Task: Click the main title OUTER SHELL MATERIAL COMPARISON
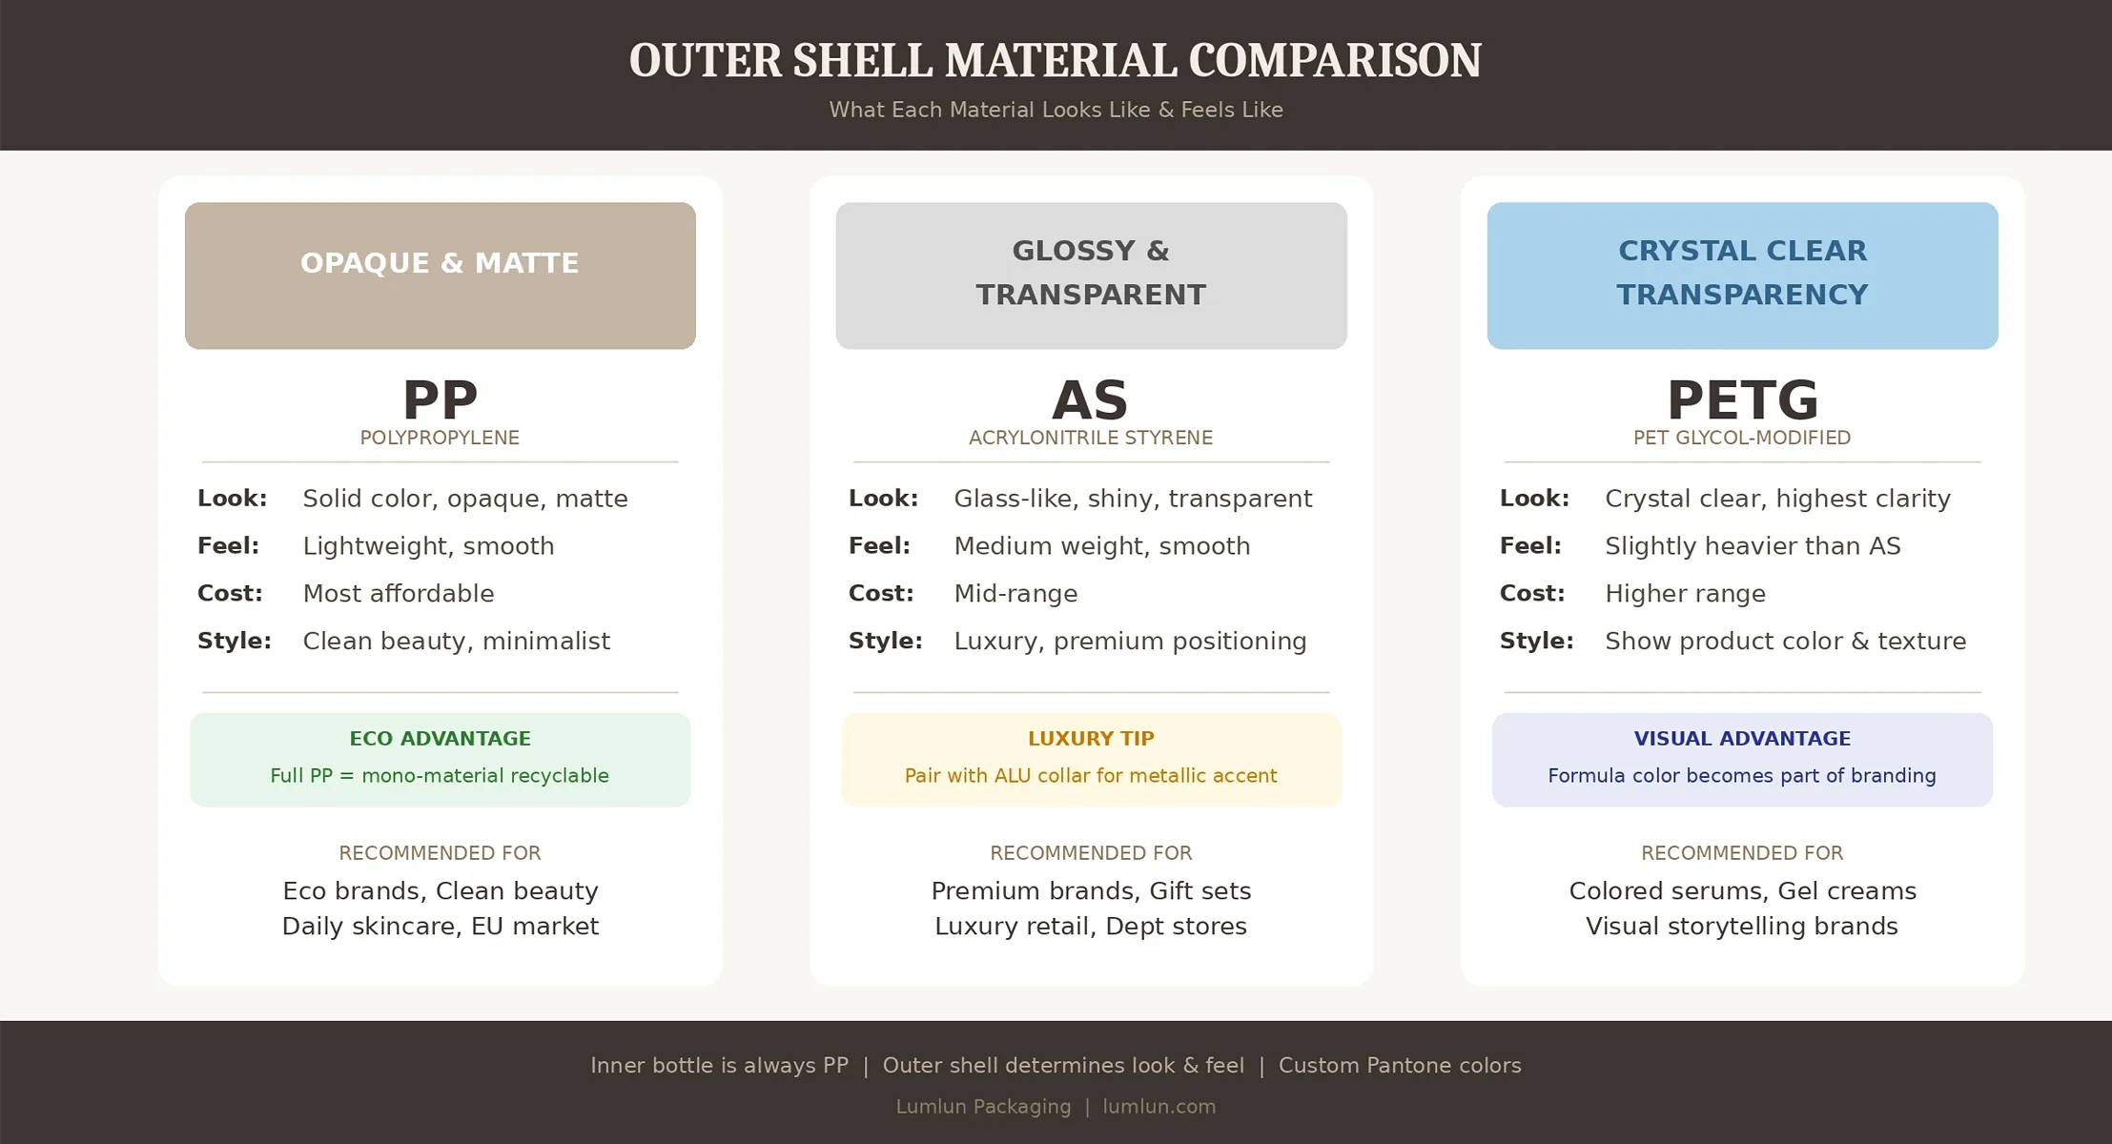click(x=1055, y=61)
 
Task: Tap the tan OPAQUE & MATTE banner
click(x=440, y=275)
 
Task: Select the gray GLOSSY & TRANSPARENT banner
click(x=1091, y=275)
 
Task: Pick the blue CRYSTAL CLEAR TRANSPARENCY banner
click(x=1742, y=275)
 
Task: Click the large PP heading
click(x=440, y=400)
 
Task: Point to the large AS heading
click(x=1090, y=400)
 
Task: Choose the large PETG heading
click(x=1742, y=400)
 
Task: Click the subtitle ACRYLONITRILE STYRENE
click(x=1091, y=439)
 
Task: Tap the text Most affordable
click(x=399, y=594)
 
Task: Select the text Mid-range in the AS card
click(x=1015, y=594)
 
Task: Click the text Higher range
click(x=1685, y=594)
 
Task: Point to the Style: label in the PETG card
click(x=1536, y=641)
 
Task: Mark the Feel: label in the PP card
click(x=228, y=546)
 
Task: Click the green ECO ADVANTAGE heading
click(x=440, y=739)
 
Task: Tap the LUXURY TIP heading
click(x=1091, y=739)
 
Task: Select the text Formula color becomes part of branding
click(x=1742, y=776)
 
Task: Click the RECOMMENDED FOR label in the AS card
click(x=1091, y=853)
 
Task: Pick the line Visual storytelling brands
click(x=1742, y=927)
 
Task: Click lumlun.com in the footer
click(x=1159, y=1107)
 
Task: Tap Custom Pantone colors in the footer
click(x=1400, y=1066)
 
